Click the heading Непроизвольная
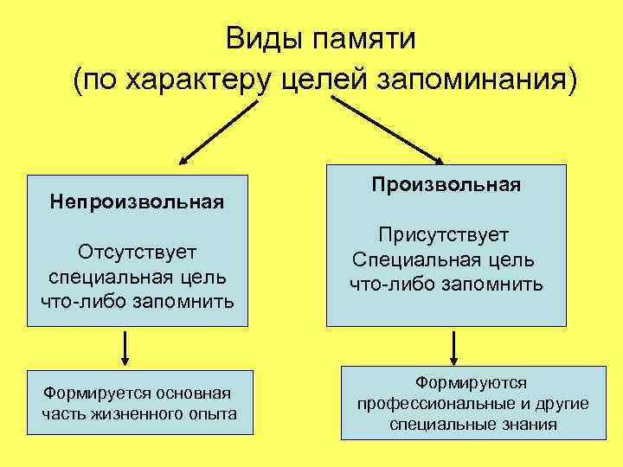pos(137,202)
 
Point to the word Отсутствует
pos(137,252)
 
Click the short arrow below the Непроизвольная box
pos(127,349)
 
